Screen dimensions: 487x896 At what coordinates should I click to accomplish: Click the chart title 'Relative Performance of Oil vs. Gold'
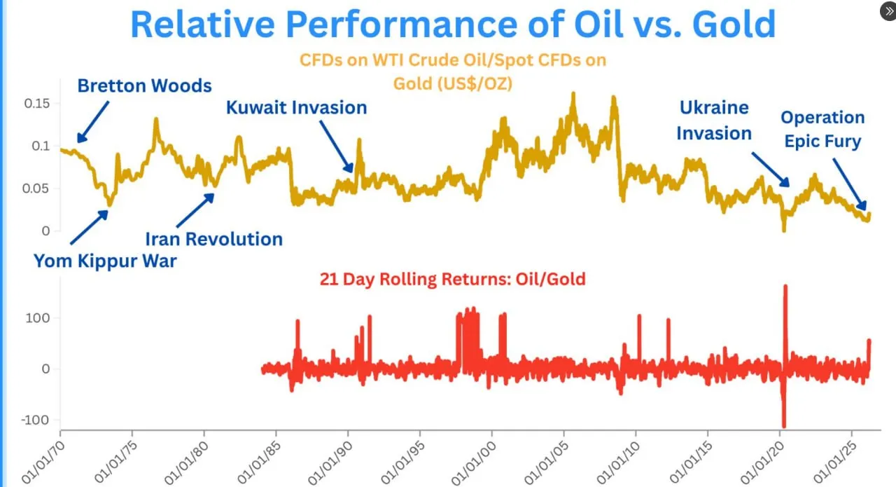[453, 25]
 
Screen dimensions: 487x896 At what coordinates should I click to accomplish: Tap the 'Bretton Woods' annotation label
[144, 86]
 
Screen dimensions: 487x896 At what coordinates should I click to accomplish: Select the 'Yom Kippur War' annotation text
[105, 261]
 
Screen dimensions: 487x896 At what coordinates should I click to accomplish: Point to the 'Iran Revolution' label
[213, 239]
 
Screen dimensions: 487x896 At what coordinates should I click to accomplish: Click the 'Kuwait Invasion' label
[296, 107]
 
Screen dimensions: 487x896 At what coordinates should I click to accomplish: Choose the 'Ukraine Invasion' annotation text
[714, 121]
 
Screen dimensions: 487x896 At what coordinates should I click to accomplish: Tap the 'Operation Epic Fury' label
[822, 129]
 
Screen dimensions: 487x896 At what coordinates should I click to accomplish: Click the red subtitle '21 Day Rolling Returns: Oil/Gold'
[452, 279]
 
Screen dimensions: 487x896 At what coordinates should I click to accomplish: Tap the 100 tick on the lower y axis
[36, 318]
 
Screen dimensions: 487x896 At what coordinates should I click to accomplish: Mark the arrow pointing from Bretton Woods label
[93, 121]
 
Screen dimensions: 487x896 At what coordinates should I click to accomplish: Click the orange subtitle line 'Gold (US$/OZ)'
[452, 83]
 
